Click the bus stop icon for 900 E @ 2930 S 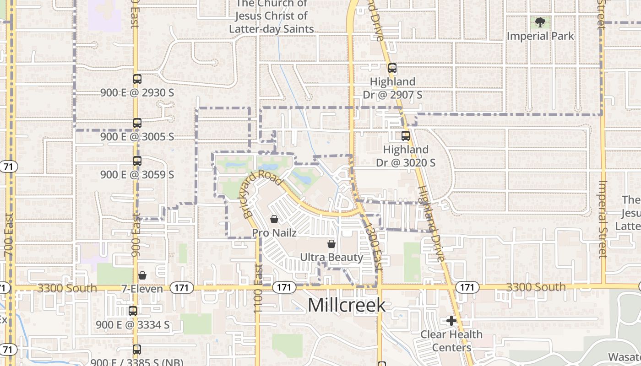[x=137, y=79]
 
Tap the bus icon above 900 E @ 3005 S [x=137, y=123]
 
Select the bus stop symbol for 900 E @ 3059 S [x=137, y=161]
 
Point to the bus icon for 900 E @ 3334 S [x=133, y=311]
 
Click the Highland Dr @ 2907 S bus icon [x=392, y=68]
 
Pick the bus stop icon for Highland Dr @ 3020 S [x=405, y=135]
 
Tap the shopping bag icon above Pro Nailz [x=274, y=219]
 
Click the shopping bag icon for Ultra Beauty [x=331, y=244]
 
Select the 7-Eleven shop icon [x=142, y=275]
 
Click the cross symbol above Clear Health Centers [x=451, y=321]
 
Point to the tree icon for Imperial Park [x=540, y=22]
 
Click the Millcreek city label [x=347, y=305]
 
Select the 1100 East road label [x=258, y=288]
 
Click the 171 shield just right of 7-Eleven [x=182, y=288]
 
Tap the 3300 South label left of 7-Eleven [x=67, y=288]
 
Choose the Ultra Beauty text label [x=331, y=257]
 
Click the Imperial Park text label [x=540, y=36]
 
